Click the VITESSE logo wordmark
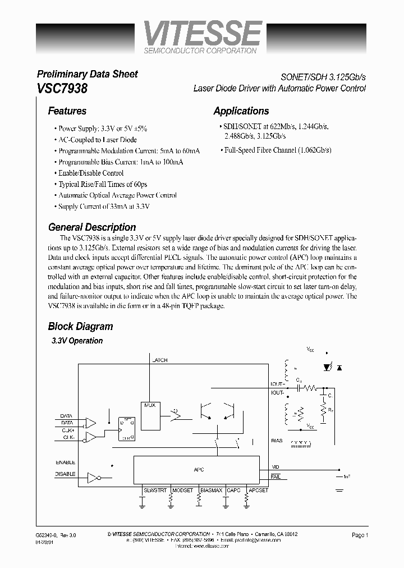pos(203,34)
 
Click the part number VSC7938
pos(62,88)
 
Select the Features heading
pos(67,111)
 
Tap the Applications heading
pos(241,111)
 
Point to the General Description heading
pos(92,227)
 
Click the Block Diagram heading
pos(80,326)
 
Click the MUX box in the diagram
pos(149,405)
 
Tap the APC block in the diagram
pos(196,470)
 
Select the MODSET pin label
pos(183,490)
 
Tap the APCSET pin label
pos(258,490)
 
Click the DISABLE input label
pos(65,474)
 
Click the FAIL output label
pos(276,476)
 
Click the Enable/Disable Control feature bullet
pos(90,173)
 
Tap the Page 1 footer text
pos(360,535)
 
